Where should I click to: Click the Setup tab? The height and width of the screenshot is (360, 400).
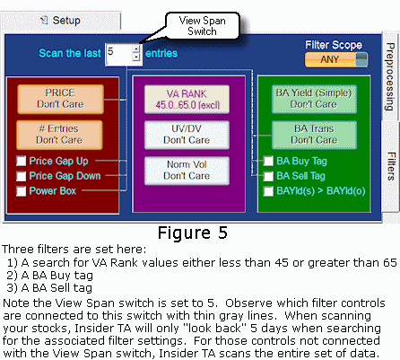tap(61, 21)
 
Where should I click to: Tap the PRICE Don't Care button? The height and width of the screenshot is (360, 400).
tap(60, 99)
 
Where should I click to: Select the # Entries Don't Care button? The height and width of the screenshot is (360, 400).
tap(59, 135)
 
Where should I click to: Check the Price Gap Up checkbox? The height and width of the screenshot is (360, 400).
tap(21, 161)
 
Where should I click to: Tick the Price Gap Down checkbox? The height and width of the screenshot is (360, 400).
tap(21, 176)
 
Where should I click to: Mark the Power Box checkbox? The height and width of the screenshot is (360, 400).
tap(21, 191)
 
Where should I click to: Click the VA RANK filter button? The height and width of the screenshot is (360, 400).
tap(187, 100)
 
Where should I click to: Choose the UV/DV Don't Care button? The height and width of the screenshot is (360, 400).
tap(187, 135)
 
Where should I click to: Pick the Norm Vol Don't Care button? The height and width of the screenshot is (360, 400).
tap(187, 171)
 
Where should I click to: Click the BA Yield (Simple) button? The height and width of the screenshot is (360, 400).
tap(314, 99)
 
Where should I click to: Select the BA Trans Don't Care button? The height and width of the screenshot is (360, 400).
tap(314, 135)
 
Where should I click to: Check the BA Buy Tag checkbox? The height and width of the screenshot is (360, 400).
tap(268, 161)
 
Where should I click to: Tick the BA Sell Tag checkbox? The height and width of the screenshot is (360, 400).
tap(268, 176)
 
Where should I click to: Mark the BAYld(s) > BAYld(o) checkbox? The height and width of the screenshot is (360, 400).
tap(268, 191)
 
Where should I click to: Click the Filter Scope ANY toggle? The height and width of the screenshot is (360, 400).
tap(336, 59)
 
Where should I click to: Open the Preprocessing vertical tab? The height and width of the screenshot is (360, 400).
tap(390, 76)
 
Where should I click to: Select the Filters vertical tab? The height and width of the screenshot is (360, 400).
tap(391, 166)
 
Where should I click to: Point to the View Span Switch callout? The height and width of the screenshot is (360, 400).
tap(203, 26)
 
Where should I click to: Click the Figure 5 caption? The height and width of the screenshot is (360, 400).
tap(193, 233)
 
